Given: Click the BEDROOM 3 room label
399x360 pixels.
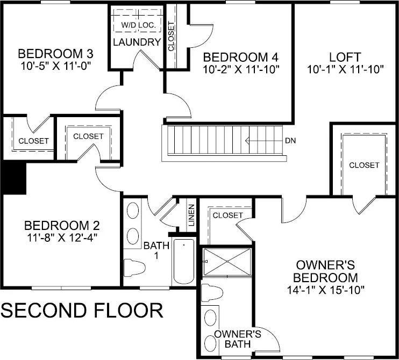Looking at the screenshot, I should pyautogui.click(x=56, y=54).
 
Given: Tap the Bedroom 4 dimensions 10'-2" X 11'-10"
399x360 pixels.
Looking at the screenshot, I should pyautogui.click(x=241, y=69).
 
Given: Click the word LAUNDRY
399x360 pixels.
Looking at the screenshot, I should pyautogui.click(x=136, y=42).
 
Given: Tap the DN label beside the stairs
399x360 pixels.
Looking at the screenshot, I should pyautogui.click(x=290, y=141).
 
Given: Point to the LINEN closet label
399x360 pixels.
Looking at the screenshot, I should pyautogui.click(x=190, y=215).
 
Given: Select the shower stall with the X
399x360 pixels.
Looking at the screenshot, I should pyautogui.click(x=226, y=262).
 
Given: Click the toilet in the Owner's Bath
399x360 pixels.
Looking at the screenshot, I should pyautogui.click(x=211, y=293).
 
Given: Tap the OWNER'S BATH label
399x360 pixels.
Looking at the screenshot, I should pyautogui.click(x=237, y=339).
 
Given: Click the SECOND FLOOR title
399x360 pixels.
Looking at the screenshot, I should pyautogui.click(x=82, y=310).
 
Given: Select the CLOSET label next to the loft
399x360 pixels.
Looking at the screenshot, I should pyautogui.click(x=364, y=165).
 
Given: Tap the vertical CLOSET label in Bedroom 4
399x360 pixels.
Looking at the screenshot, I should pyautogui.click(x=172, y=36).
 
